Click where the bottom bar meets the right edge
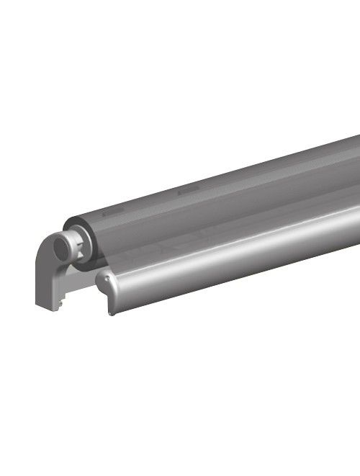coord(358,245)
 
